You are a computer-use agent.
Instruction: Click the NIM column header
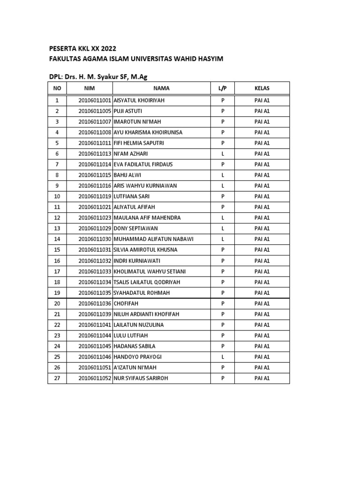89,88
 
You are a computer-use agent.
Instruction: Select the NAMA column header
161,88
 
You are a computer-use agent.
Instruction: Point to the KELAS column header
262,88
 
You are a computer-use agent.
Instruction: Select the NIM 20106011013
95,154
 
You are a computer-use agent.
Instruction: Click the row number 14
57,239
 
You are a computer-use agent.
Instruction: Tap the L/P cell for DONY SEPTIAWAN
223,228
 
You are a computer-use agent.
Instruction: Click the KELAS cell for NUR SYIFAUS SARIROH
262,378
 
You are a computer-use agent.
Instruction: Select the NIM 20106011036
95,303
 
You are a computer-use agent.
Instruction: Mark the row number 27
57,378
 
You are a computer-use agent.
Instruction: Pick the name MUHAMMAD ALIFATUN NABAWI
154,239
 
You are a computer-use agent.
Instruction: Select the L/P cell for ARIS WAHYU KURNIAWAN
223,186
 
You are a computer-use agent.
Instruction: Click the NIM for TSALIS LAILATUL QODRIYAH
95,282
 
